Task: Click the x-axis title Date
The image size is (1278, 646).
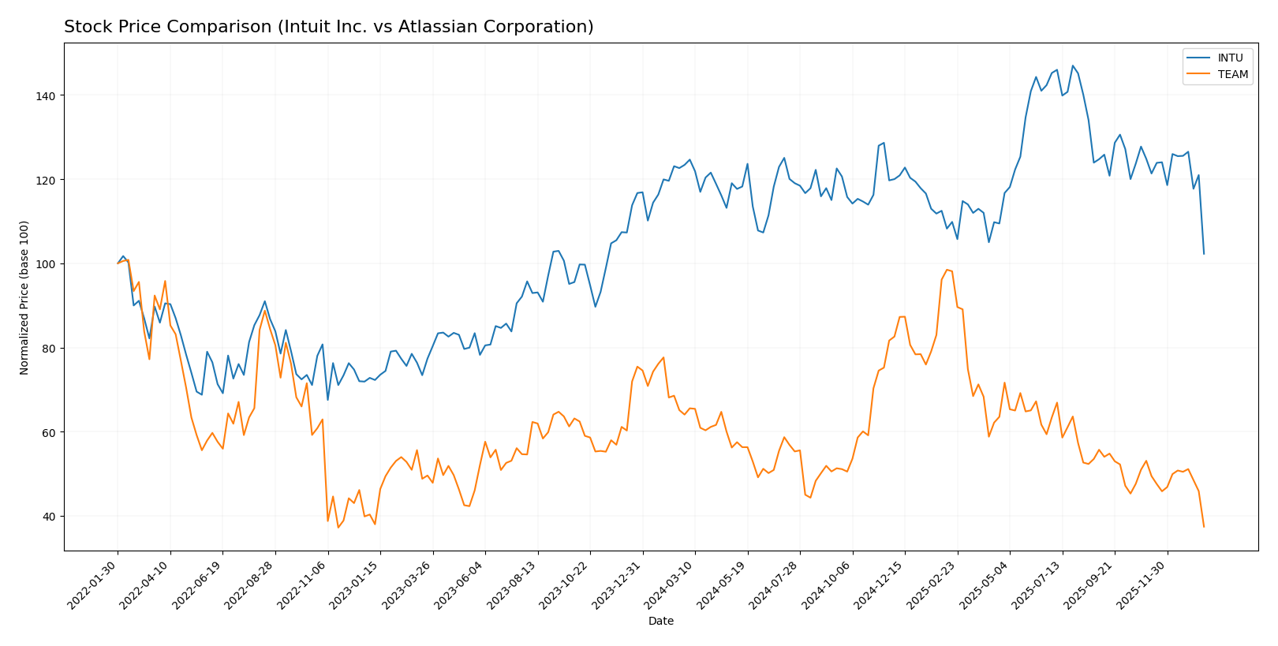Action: click(660, 622)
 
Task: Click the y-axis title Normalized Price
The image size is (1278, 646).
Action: click(24, 297)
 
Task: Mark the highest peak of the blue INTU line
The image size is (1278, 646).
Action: click(1072, 65)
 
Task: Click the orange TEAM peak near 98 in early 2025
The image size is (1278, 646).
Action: click(947, 270)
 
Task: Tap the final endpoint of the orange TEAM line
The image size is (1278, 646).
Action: click(1204, 526)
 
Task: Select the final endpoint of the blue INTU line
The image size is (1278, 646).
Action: click(1204, 253)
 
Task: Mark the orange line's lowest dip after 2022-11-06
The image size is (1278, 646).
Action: click(338, 527)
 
